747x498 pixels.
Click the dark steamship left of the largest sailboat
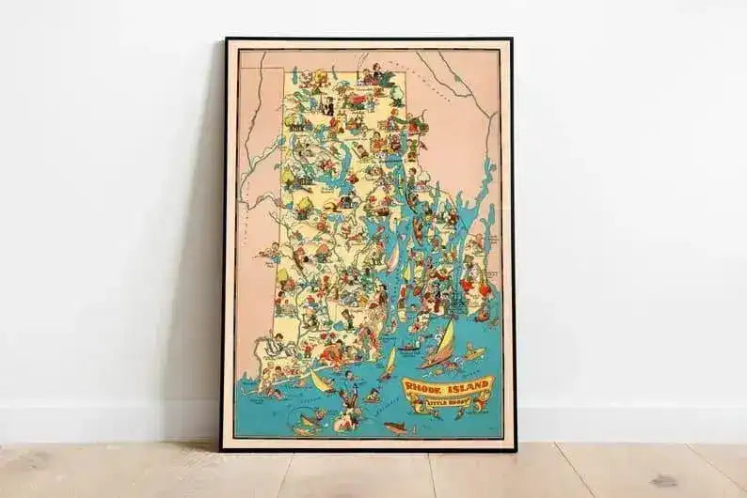408,349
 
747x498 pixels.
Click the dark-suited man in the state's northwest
329,106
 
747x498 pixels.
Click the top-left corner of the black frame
225,39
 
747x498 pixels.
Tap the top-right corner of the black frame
512,39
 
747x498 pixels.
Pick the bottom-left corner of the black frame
222,449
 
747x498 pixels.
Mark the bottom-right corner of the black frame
515,449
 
